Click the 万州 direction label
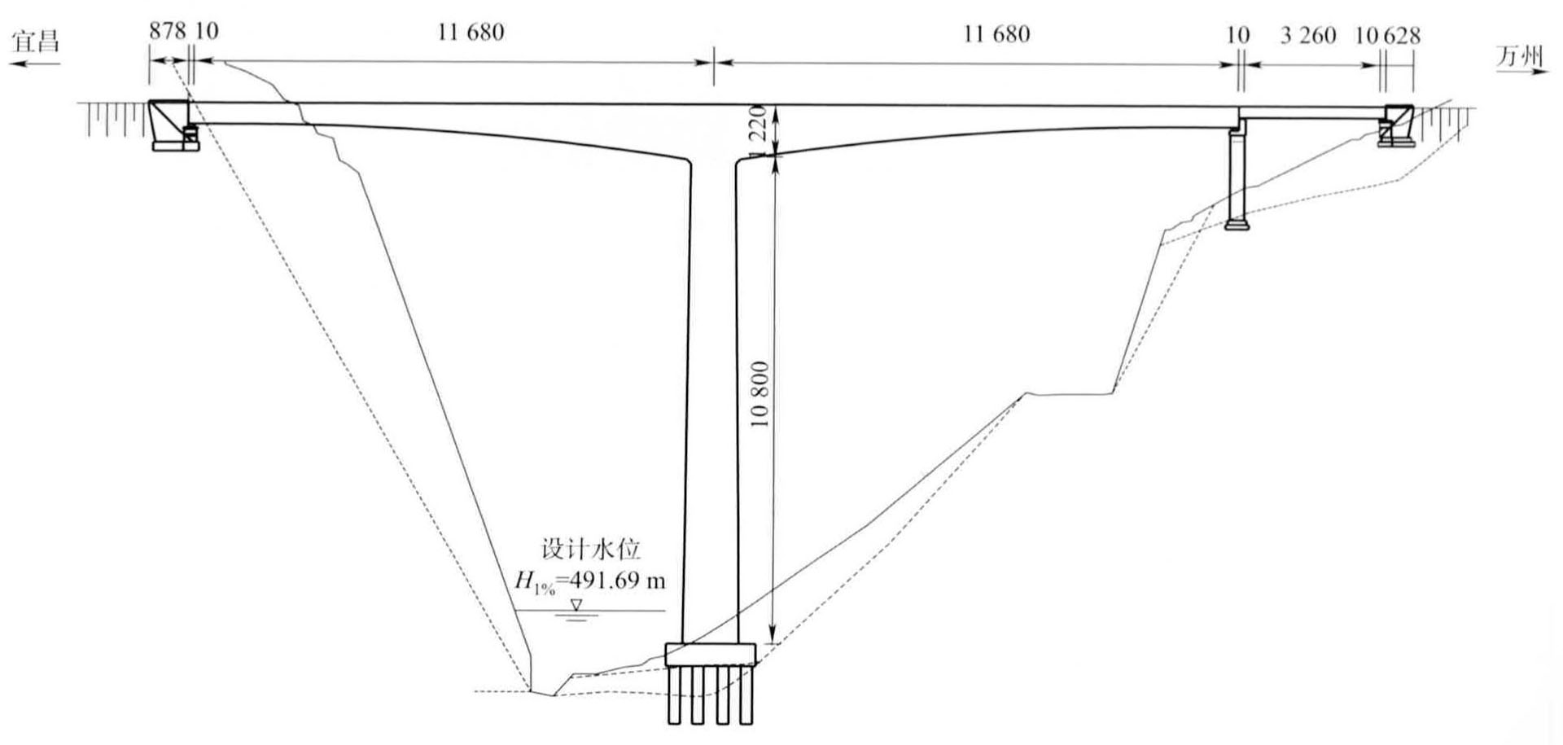1519,55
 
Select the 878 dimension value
168,31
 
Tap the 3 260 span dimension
1307,35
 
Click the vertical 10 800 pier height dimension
760,395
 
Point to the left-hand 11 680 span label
471,33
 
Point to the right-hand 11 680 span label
996,34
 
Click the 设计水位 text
591,549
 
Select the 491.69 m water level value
615,581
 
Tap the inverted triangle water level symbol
576,605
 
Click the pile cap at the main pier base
710,654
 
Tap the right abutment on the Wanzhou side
1395,126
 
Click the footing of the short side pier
1236,223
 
